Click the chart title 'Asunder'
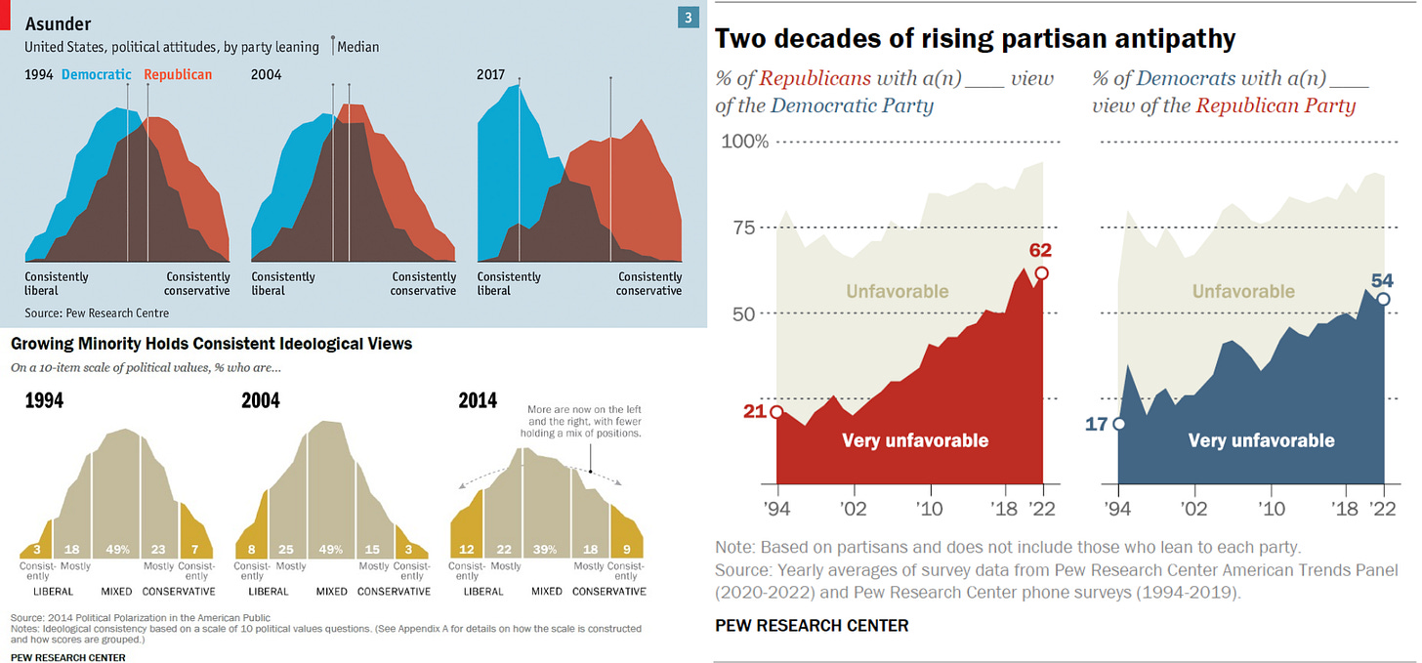[58, 24]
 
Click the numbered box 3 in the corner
[689, 18]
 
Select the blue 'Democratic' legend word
[96, 74]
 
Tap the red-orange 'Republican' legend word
[178, 74]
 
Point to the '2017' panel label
[492, 74]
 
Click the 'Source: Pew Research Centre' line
[97, 312]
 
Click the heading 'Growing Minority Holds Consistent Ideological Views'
[211, 344]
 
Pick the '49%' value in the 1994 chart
[117, 550]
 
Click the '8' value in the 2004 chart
[253, 550]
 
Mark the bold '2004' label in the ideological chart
[261, 400]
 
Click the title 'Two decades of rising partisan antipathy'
[976, 39]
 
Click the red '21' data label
[754, 411]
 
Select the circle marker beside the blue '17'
[1118, 424]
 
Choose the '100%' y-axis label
[744, 143]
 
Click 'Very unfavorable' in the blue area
[1261, 440]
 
